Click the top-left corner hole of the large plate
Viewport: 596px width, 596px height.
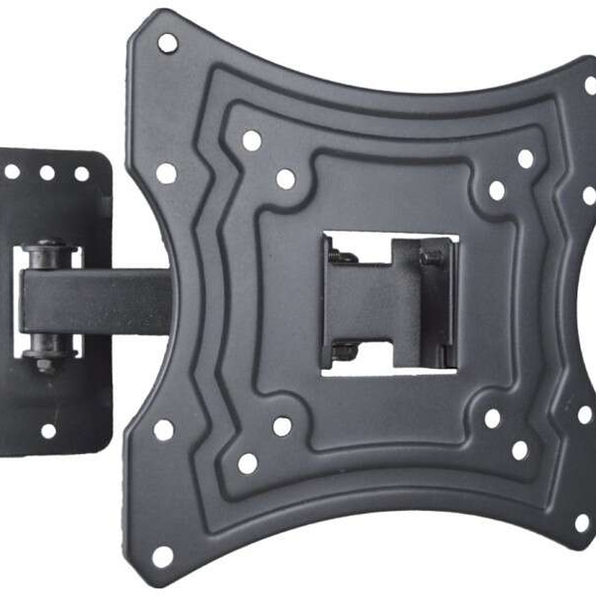(167, 43)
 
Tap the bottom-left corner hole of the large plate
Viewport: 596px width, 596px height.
(162, 557)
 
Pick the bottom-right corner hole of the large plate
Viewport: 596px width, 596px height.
(582, 523)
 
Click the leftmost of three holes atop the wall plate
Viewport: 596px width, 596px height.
(12, 172)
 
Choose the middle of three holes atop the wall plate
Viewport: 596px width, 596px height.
(47, 173)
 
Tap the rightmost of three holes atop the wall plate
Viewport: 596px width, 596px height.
(82, 174)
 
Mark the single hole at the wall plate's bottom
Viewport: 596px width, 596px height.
(49, 431)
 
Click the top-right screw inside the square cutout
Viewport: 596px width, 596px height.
(430, 257)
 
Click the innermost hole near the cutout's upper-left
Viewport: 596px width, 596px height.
(286, 179)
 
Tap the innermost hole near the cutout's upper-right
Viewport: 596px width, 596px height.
(497, 191)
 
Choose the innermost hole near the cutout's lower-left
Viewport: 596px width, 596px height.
(282, 426)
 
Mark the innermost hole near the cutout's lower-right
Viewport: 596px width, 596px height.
(492, 418)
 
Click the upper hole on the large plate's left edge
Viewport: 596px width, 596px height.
(166, 173)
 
